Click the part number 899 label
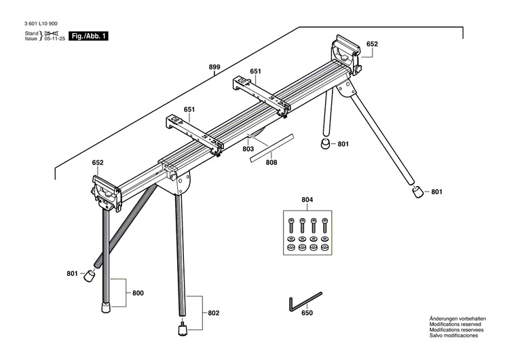tap(214, 67)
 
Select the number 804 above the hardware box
tap(307, 200)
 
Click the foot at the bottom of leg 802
tap(183, 330)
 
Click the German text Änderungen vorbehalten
tap(457, 319)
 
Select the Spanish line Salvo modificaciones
tap(453, 336)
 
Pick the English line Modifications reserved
tap(455, 325)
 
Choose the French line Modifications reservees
tap(456, 330)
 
